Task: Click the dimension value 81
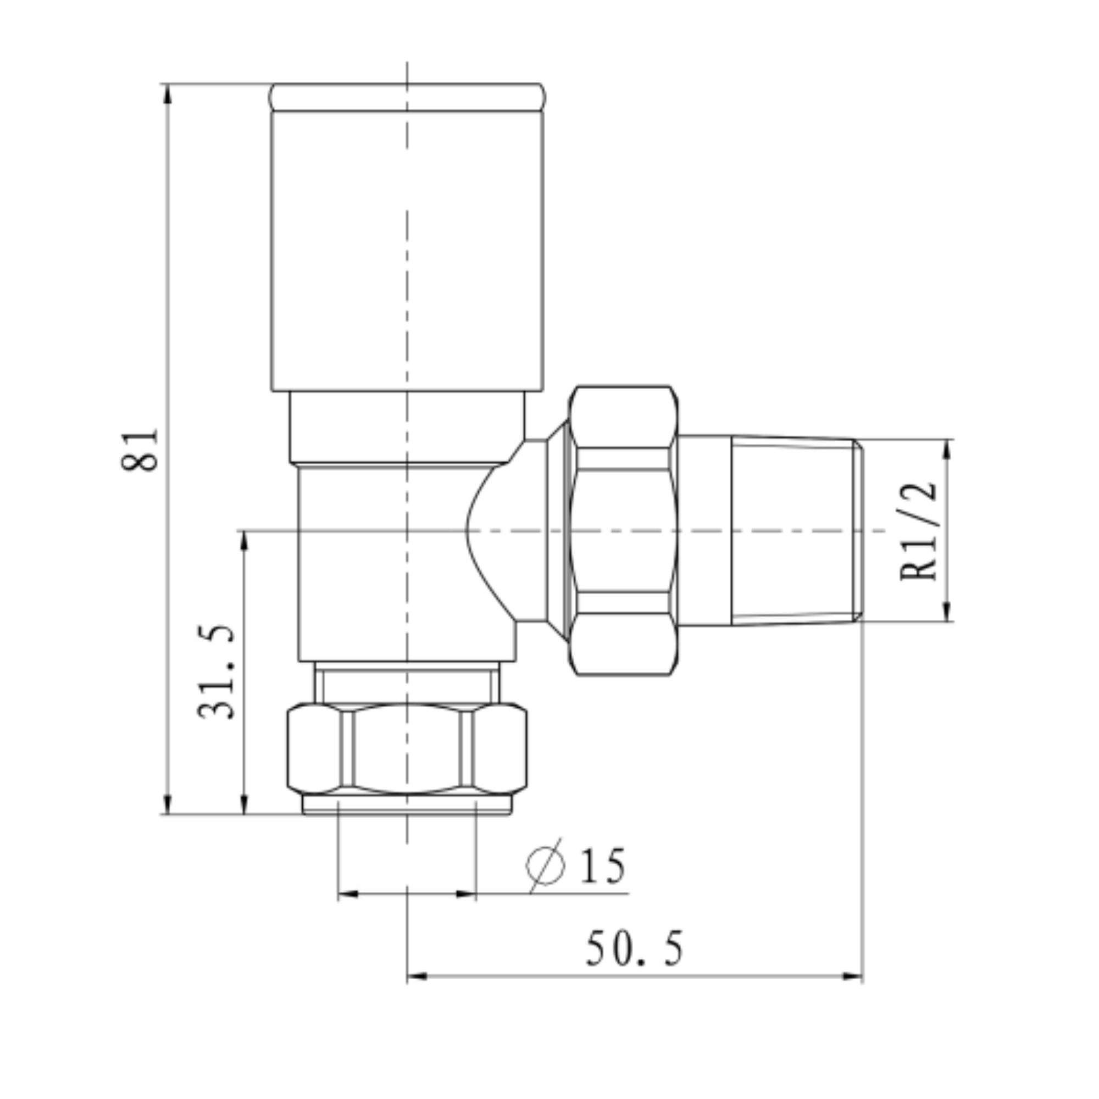pos(140,450)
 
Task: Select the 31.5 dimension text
pos(217,672)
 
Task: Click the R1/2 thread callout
pos(919,531)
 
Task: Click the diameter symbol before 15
pos(546,866)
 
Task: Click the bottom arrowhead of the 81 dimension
pos(168,804)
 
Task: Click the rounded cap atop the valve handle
pos(407,97)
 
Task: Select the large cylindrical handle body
pos(407,250)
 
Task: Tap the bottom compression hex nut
pos(407,749)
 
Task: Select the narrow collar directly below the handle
pos(407,426)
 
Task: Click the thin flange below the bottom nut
pos(407,804)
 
